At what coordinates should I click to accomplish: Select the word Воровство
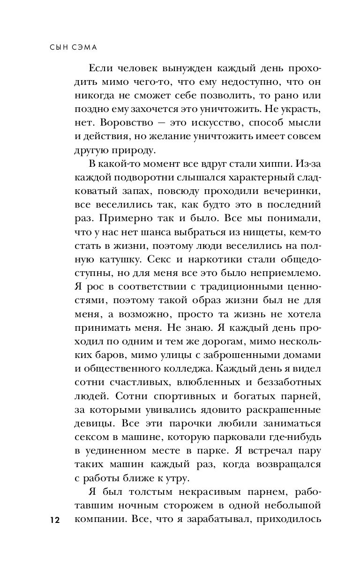click(119, 123)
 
